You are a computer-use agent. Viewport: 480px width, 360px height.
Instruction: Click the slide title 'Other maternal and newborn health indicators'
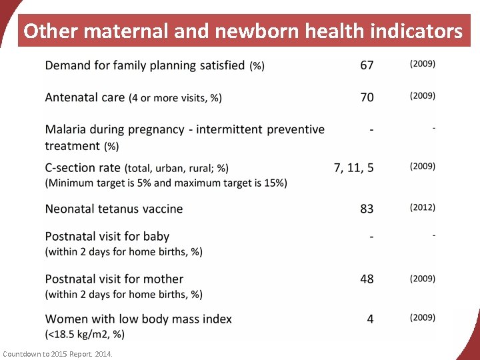tap(243, 31)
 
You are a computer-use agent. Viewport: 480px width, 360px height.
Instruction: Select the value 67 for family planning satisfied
tap(367, 65)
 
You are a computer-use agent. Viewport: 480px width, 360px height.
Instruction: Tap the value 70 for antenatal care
tap(367, 97)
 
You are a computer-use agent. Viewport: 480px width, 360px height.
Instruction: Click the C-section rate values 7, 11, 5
tap(353, 168)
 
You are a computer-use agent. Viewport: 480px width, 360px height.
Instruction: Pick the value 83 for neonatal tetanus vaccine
tap(367, 209)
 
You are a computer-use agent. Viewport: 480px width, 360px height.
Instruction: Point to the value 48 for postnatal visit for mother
tap(367, 279)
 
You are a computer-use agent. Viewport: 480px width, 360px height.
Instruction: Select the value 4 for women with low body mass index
tap(370, 319)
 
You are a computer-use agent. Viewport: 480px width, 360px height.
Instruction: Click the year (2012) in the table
tap(423, 207)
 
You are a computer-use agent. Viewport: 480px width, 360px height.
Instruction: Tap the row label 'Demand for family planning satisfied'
tap(145, 65)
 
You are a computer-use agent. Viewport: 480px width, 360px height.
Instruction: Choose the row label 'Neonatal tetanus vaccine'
tap(113, 209)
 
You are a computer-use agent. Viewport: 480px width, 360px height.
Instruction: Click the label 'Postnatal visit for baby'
tap(107, 236)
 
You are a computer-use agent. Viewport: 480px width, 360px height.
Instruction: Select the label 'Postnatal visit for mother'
tap(114, 279)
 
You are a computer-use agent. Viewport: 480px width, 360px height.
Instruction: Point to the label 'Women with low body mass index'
tap(138, 319)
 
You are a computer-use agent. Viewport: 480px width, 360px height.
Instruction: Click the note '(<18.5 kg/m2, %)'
tap(85, 334)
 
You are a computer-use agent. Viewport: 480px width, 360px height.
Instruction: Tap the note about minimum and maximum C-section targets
tap(166, 183)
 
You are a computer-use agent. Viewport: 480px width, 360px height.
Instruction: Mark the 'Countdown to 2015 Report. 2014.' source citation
tap(58, 353)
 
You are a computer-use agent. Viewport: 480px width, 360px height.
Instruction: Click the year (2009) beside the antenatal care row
tap(423, 96)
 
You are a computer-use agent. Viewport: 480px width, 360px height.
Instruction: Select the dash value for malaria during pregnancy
tap(371, 129)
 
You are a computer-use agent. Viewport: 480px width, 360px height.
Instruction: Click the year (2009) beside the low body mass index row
tap(423, 317)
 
